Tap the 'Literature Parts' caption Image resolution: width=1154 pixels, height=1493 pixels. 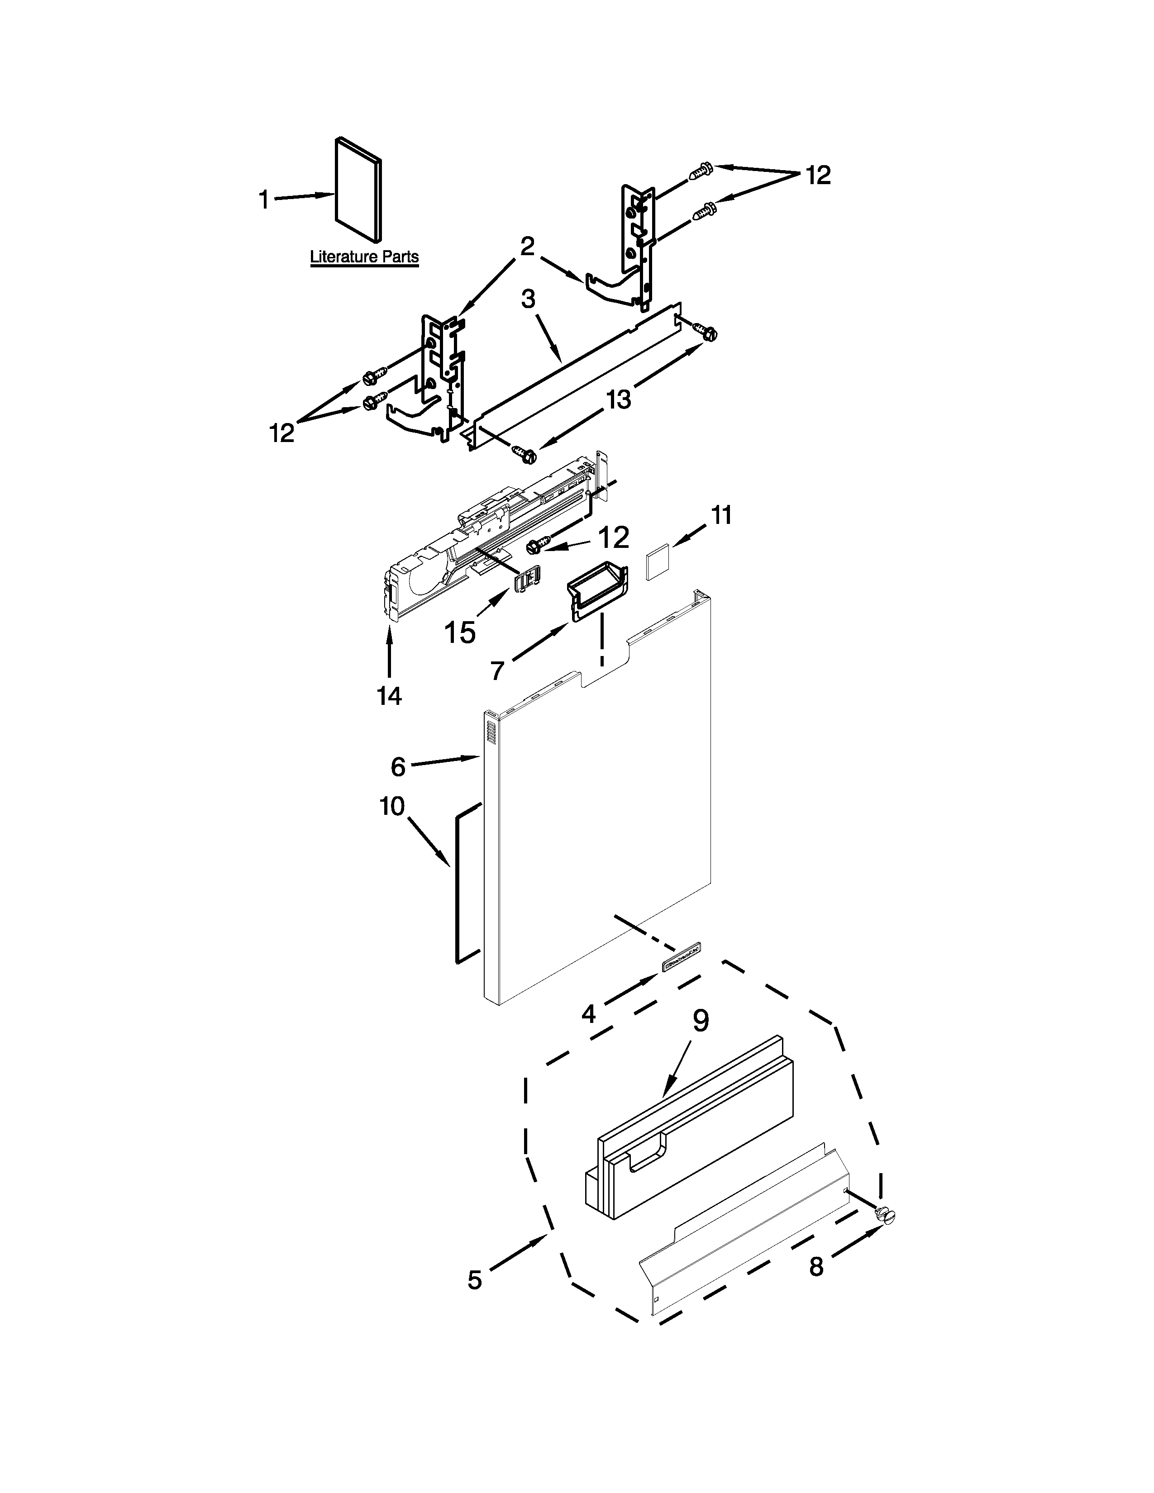[364, 257]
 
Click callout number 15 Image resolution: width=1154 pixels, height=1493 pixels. [460, 633]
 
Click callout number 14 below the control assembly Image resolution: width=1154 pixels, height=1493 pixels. [389, 696]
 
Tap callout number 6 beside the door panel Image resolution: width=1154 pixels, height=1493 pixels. [398, 766]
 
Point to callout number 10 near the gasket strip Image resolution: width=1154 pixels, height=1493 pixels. [392, 807]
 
